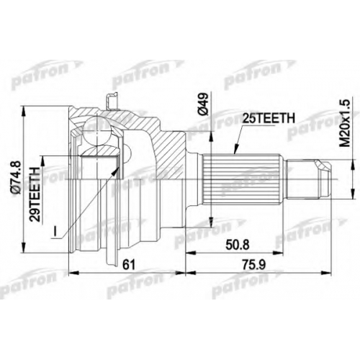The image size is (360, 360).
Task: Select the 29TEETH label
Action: point(34,194)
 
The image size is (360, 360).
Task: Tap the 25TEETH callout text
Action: point(269,118)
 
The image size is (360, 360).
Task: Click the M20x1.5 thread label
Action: point(346,124)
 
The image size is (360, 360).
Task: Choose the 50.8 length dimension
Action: point(238,246)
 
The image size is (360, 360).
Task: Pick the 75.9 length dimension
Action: point(253,265)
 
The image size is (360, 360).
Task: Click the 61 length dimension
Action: point(129,265)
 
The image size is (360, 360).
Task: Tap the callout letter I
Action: point(55,231)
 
